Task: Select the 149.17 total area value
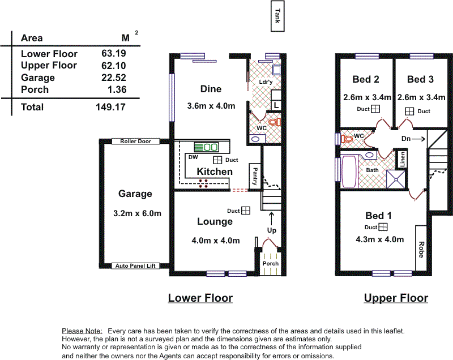[x=110, y=107]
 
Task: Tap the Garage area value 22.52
[x=114, y=78]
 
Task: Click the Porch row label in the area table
[x=35, y=89]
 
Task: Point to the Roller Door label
[x=135, y=142]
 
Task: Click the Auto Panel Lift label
[x=135, y=265]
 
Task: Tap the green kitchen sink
[x=207, y=147]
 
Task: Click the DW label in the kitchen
[x=193, y=157]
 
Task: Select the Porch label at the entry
[x=271, y=263]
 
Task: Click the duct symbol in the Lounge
[x=246, y=211]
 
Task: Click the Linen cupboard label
[x=403, y=160]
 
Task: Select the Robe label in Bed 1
[x=421, y=249]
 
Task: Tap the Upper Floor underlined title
[x=396, y=298]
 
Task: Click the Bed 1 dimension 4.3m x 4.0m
[x=380, y=239]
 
